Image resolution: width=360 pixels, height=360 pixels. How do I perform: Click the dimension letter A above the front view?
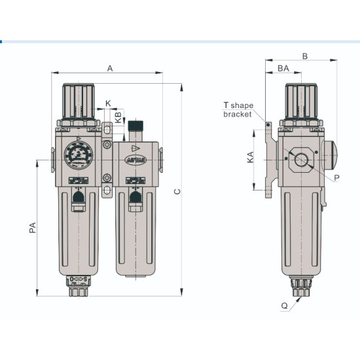coord(110,68)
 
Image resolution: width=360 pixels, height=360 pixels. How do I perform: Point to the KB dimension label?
coord(118,118)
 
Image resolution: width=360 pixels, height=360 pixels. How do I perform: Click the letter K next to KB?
coord(108,103)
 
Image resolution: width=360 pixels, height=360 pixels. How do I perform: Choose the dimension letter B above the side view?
coord(304,56)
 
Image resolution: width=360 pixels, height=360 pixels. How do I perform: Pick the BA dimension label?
coord(283,69)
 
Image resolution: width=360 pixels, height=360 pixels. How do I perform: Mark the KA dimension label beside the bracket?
coord(251,158)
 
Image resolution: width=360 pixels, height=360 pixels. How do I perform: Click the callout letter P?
coord(336,177)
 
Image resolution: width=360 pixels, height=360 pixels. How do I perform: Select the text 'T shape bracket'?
coord(238,109)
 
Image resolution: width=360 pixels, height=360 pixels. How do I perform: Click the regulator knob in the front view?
coord(76,98)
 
